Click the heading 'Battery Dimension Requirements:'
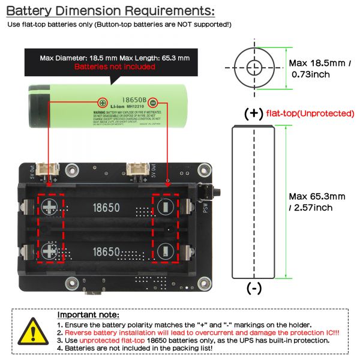coord(110,10)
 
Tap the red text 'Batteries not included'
coord(115,67)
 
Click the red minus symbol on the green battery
coord(153,102)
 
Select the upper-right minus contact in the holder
coord(165,208)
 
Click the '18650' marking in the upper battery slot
coord(106,208)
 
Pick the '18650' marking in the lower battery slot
coord(106,251)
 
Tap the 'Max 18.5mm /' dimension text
coord(319,63)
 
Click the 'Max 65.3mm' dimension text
coord(317,196)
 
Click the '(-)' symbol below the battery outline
coord(254,289)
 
